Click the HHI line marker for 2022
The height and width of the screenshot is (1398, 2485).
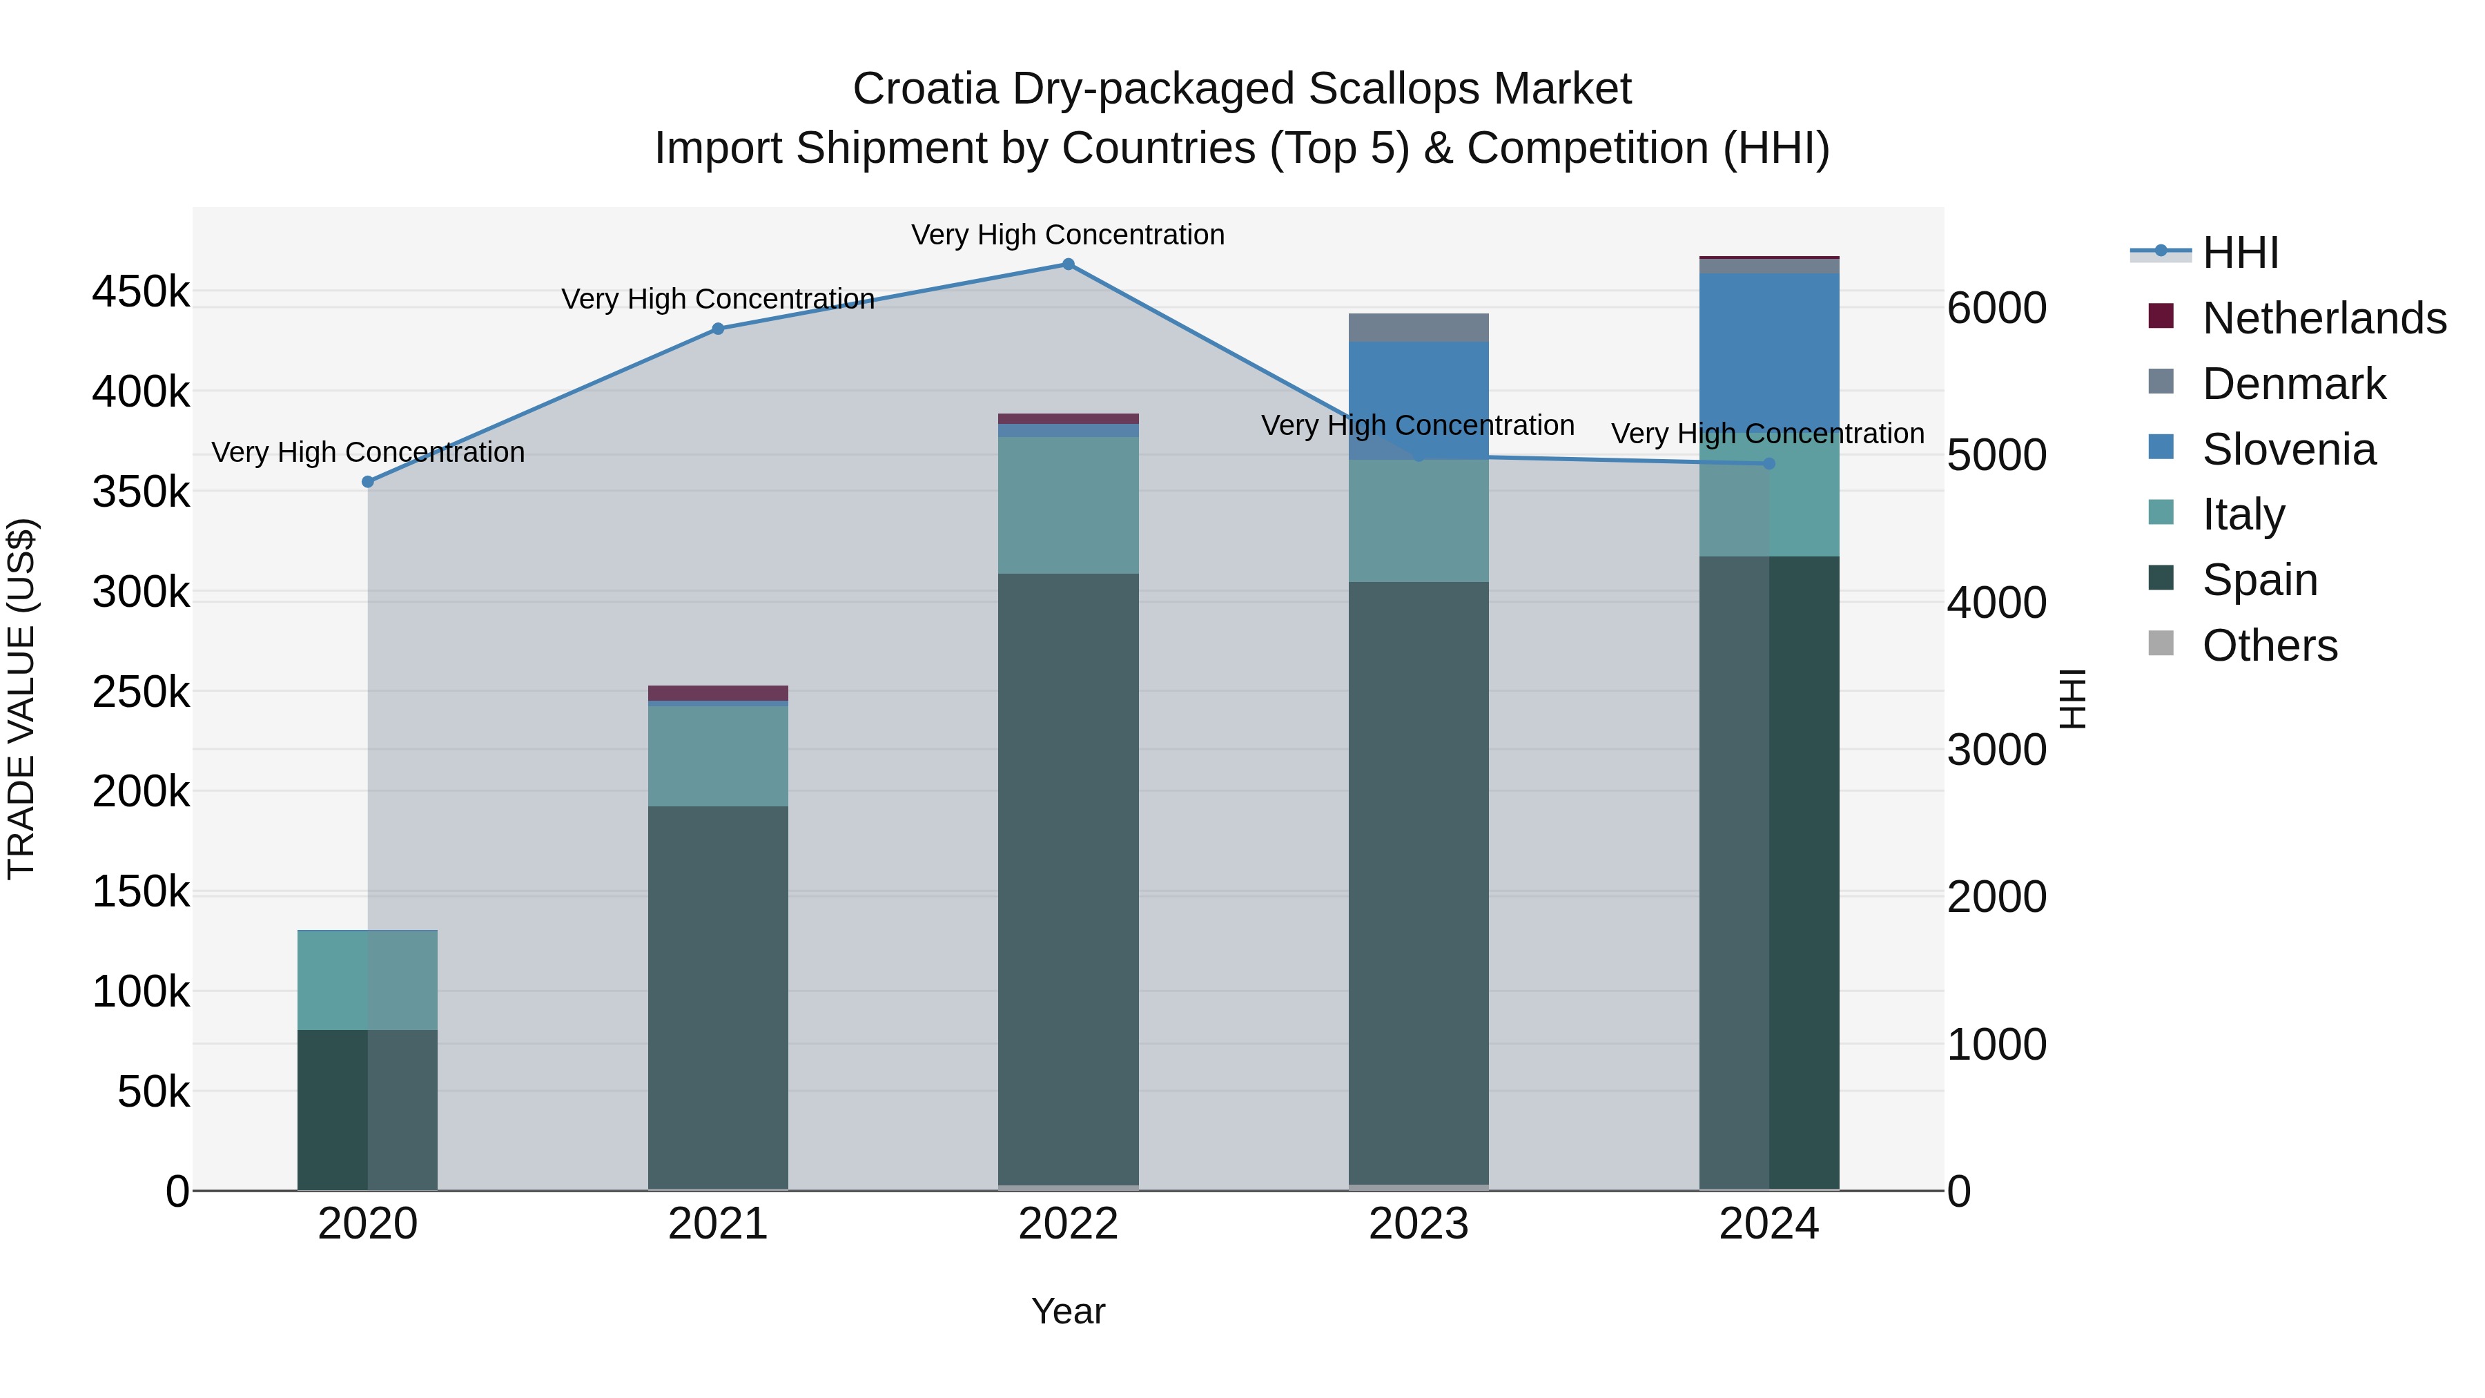click(x=1068, y=264)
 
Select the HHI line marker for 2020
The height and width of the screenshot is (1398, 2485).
click(x=367, y=481)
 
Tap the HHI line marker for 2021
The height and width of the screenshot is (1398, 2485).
click(x=718, y=329)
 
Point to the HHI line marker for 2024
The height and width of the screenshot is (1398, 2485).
click(x=1768, y=464)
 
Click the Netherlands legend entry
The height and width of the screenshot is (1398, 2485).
click(x=2323, y=318)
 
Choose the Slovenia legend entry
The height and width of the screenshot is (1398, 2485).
click(x=2288, y=449)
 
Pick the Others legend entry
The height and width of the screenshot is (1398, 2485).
click(x=2269, y=645)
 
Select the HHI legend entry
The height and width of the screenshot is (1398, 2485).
click(x=2240, y=253)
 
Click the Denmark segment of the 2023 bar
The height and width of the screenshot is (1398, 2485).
click(x=1418, y=328)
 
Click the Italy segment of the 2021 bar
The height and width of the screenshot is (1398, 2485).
click(x=718, y=757)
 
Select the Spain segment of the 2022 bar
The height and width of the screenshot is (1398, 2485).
click(x=1068, y=878)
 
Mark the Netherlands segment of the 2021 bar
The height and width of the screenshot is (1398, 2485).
click(x=718, y=692)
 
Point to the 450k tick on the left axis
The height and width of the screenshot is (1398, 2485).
click(x=141, y=291)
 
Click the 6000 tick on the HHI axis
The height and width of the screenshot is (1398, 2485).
click(x=1996, y=309)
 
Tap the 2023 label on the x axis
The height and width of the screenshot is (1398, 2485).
click(x=1418, y=1224)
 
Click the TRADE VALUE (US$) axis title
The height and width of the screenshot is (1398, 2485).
click(x=21, y=699)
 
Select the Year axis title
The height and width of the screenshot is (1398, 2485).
click(x=1068, y=1311)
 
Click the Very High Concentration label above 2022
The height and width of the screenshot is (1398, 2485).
click(x=1068, y=235)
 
